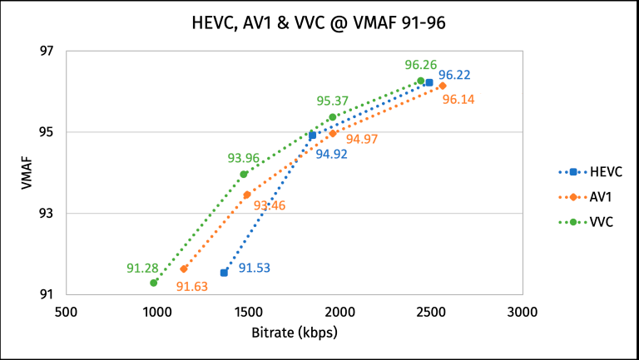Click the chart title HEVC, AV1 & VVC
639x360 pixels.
(x=319, y=24)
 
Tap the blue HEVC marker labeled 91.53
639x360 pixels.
(x=224, y=273)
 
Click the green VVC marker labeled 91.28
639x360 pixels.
(x=153, y=283)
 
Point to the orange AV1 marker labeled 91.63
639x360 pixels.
(x=184, y=269)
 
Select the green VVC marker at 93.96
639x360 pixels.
(x=244, y=174)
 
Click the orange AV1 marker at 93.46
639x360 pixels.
(x=246, y=195)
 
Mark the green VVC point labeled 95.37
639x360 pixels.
(x=333, y=117)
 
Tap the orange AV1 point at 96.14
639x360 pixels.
(x=443, y=86)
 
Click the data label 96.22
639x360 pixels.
(x=454, y=74)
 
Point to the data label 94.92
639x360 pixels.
(x=331, y=153)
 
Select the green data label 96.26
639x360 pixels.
(x=420, y=64)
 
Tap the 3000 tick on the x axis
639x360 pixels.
(x=523, y=312)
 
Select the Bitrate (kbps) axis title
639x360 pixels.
(x=294, y=332)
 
